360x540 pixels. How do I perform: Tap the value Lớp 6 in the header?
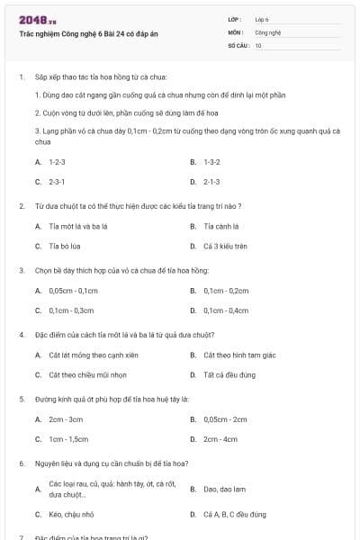click(262, 19)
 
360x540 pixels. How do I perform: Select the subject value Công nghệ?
click(268, 31)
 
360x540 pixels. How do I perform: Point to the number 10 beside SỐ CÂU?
click(258, 44)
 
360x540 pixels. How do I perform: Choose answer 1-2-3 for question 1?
click(58, 162)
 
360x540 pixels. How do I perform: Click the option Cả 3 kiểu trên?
click(225, 245)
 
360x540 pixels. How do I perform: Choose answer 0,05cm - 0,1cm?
click(73, 291)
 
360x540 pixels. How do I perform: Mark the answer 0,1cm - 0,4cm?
click(226, 310)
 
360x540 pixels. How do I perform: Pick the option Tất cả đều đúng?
click(229, 374)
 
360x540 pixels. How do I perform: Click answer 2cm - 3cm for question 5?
click(66, 419)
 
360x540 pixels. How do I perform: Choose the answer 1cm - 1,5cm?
click(68, 438)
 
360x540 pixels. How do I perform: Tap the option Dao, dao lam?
click(224, 489)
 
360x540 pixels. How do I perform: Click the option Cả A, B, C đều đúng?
click(234, 514)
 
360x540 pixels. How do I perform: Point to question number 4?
click(22, 335)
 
